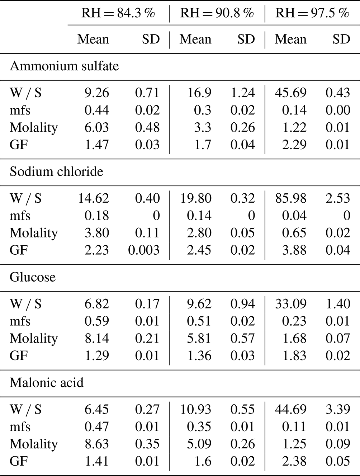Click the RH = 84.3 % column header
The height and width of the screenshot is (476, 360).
click(118, 13)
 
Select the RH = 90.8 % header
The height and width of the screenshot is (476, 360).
click(217, 13)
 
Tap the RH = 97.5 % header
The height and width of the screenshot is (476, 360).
click(312, 13)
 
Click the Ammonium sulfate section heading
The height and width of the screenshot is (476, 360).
click(64, 66)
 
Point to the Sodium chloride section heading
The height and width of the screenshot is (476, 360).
click(56, 171)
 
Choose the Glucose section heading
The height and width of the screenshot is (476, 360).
click(33, 277)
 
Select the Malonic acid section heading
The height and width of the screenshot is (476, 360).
click(47, 382)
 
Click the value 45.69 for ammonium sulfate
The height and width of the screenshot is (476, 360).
click(290, 93)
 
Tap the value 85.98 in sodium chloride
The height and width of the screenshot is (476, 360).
click(290, 198)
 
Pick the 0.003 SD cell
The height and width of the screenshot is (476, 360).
click(144, 250)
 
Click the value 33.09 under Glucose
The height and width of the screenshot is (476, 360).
click(290, 303)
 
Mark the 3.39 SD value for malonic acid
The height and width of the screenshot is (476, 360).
click(338, 409)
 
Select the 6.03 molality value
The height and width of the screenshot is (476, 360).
click(96, 127)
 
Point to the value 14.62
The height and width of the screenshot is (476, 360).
click(94, 198)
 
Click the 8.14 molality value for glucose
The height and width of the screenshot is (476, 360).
click(96, 338)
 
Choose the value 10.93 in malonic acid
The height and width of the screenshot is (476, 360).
click(195, 409)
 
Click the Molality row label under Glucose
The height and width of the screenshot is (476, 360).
click(34, 338)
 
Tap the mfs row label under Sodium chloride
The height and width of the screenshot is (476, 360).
click(20, 216)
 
